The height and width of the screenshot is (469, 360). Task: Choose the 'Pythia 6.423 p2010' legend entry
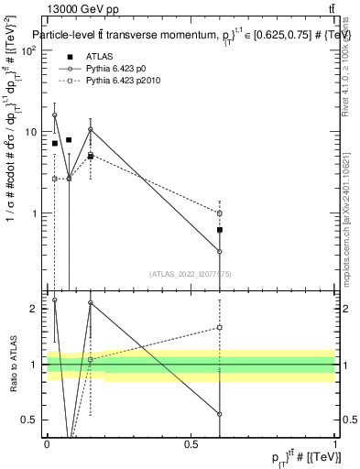click(x=132, y=81)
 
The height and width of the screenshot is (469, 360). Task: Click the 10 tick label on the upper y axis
click(x=31, y=132)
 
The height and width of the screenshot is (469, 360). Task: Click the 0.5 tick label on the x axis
click(x=191, y=442)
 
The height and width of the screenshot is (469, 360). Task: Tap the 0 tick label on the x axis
click(x=47, y=442)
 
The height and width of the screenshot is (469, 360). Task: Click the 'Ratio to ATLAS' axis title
click(x=13, y=365)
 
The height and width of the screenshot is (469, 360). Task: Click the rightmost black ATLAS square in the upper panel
click(x=220, y=230)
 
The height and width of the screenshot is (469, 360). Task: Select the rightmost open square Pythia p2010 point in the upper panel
click(x=220, y=213)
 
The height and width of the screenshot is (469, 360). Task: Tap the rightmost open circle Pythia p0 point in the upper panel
click(x=220, y=251)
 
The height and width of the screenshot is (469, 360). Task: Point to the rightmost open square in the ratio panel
click(x=220, y=327)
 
